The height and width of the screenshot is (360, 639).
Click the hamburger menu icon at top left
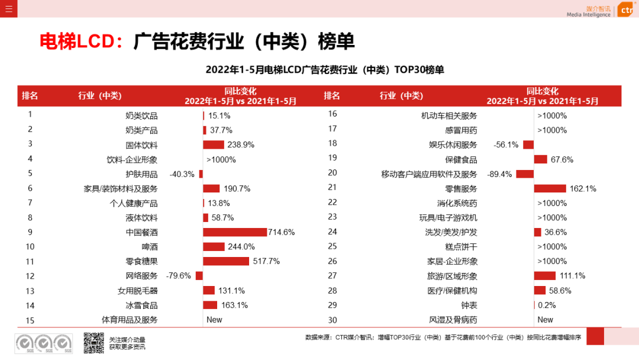pyautogui.click(x=8, y=8)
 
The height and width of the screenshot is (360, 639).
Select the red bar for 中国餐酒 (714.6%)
pyautogui.click(x=235, y=232)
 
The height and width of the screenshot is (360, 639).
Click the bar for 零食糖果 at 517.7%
pyautogui.click(x=226, y=261)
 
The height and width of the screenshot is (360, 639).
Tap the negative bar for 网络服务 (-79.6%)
pyautogui.click(x=199, y=276)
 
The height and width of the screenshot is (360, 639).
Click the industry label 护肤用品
pyautogui.click(x=141, y=174)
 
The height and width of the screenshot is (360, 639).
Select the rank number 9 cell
pyautogui.click(x=30, y=232)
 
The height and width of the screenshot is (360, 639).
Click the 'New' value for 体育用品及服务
pyautogui.click(x=214, y=320)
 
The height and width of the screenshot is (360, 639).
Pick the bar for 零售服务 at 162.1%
pyautogui.click(x=550, y=189)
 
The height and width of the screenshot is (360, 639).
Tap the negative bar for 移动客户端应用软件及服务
pyautogui.click(x=525, y=174)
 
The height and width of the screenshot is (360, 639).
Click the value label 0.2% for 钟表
pyautogui.click(x=547, y=305)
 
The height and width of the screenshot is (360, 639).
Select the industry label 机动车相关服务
pyautogui.click(x=448, y=115)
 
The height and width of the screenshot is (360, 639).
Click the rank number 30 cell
pyautogui.click(x=333, y=320)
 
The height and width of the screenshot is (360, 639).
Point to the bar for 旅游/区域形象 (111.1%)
pyautogui.click(x=545, y=276)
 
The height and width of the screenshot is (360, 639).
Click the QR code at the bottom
pyautogui.click(x=93, y=343)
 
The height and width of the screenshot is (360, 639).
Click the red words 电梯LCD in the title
pyautogui.click(x=76, y=41)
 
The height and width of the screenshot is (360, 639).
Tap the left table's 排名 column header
pyautogui.click(x=30, y=96)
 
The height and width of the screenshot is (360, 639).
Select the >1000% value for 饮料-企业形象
pyautogui.click(x=221, y=160)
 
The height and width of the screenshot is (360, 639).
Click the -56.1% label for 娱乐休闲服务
pyautogui.click(x=506, y=144)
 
